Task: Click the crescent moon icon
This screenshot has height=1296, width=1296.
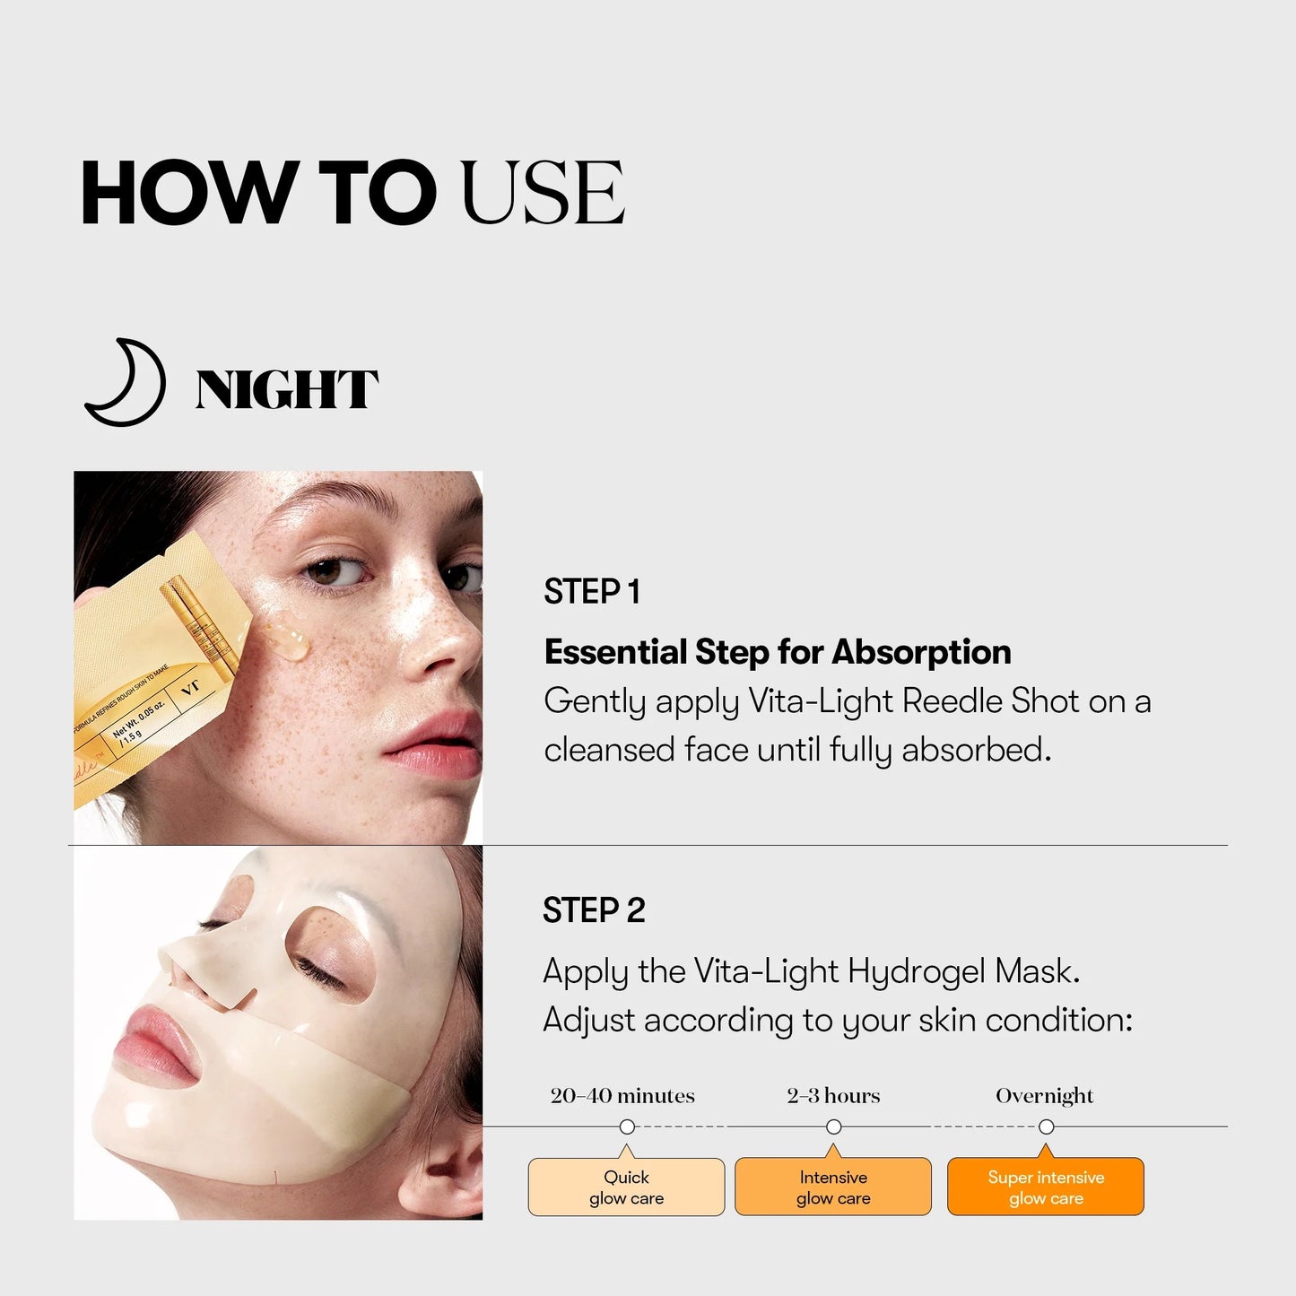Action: [126, 384]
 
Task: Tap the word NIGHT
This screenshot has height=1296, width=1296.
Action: [286, 390]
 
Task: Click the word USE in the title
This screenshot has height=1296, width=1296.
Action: [542, 193]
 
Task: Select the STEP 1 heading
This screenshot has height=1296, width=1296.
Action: [591, 592]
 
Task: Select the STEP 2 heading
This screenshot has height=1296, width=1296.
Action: [594, 910]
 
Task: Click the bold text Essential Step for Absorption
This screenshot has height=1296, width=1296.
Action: [777, 652]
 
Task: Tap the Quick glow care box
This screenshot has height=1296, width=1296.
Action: [626, 1187]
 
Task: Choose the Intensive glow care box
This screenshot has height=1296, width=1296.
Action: [833, 1187]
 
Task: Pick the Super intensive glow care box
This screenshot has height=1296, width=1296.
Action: [1046, 1187]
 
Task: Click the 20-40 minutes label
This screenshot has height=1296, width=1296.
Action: [622, 1096]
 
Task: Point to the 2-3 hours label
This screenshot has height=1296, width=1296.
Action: [833, 1096]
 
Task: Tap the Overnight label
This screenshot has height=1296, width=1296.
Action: [1045, 1096]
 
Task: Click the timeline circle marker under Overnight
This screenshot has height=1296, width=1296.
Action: [1046, 1126]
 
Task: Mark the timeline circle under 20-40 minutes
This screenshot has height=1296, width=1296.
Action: [627, 1126]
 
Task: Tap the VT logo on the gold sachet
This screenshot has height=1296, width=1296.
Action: [190, 689]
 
